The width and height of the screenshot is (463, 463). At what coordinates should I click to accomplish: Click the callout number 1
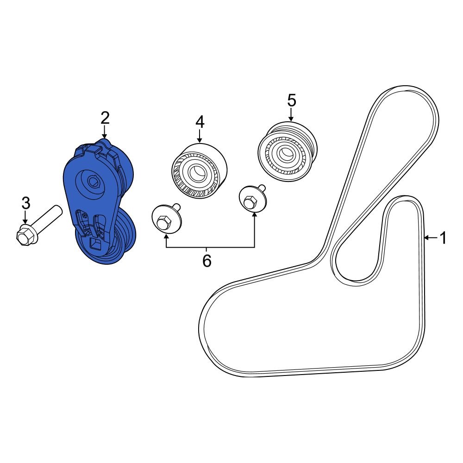point(443,238)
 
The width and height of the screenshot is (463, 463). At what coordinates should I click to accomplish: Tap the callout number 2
point(105,118)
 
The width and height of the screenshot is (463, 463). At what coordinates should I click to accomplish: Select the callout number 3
point(26,202)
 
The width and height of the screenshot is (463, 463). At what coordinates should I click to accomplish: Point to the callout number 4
point(200,122)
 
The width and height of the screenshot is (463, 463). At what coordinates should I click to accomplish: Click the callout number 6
point(207,261)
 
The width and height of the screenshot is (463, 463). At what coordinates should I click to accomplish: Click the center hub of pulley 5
point(283,152)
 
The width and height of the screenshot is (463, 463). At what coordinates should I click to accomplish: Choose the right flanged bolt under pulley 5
point(251,200)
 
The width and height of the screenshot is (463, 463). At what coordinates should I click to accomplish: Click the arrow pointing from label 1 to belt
point(430,238)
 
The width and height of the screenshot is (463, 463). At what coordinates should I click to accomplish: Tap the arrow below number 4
point(200,136)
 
